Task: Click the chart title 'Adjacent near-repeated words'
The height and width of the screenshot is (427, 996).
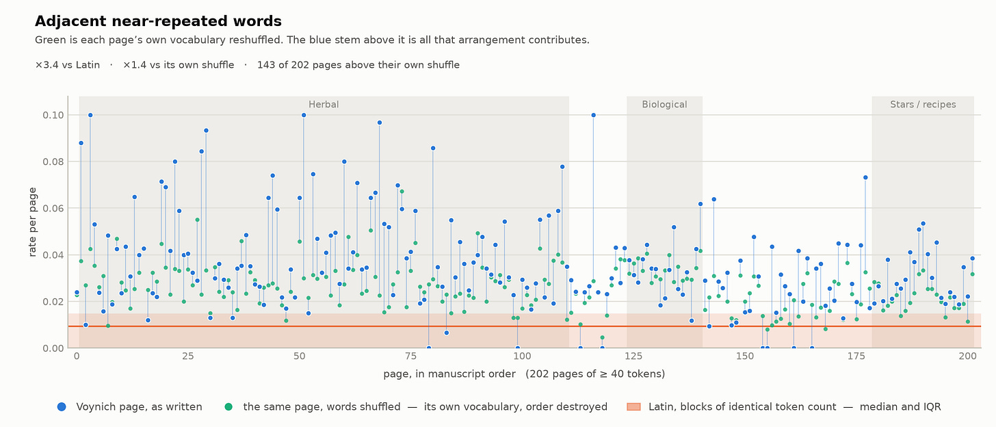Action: [158, 21]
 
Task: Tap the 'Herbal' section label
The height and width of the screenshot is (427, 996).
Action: [324, 105]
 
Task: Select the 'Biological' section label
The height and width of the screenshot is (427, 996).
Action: [664, 105]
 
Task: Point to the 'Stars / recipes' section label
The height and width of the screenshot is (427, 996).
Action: [923, 105]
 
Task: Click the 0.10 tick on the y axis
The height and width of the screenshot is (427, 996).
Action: [53, 115]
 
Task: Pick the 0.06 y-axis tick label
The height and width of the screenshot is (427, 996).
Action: [53, 208]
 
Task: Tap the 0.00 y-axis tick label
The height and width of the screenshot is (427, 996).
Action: [53, 348]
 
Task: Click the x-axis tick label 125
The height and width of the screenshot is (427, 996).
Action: [633, 357]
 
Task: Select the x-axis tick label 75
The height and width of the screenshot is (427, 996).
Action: [410, 357]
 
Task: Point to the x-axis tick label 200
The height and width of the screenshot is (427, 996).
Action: [967, 357]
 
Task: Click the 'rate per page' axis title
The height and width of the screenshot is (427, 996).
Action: [32, 222]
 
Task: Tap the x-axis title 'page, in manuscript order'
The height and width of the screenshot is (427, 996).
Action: [449, 374]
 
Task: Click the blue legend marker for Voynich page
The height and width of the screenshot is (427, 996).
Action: [62, 407]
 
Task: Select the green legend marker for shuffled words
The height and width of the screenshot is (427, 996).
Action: [228, 407]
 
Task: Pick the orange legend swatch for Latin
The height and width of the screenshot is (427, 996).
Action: [633, 407]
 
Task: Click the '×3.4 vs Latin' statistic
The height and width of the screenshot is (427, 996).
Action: [68, 65]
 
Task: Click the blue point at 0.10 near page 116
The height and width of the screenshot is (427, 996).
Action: [593, 115]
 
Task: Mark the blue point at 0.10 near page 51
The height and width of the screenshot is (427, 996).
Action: [304, 115]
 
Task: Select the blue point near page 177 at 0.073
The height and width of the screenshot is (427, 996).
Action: [865, 177]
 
